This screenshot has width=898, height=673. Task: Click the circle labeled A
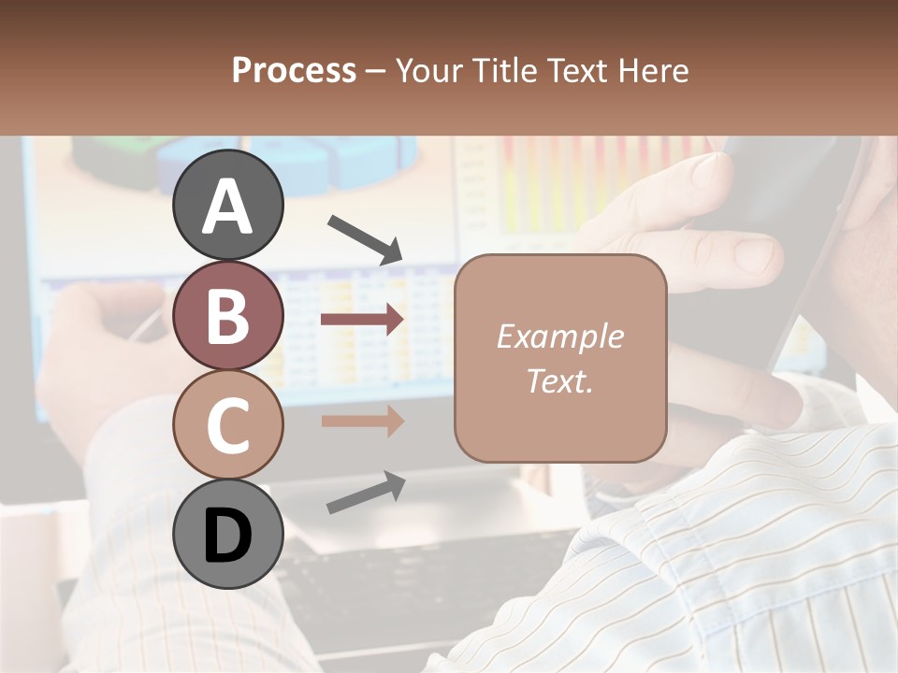(x=227, y=205)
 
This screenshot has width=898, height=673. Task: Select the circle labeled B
(x=227, y=315)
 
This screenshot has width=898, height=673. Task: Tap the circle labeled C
(x=227, y=424)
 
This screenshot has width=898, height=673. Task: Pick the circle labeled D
(x=227, y=534)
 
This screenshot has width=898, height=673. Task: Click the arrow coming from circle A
(x=365, y=237)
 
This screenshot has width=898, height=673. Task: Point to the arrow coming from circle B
(x=362, y=320)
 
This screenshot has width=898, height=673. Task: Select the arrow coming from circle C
(x=362, y=421)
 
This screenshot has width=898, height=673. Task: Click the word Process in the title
(x=294, y=70)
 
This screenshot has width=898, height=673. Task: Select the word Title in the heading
(x=506, y=70)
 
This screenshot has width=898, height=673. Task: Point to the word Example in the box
(x=559, y=336)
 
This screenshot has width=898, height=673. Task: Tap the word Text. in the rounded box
(x=559, y=380)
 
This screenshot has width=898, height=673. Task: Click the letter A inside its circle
(x=227, y=207)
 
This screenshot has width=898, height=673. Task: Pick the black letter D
(x=227, y=536)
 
